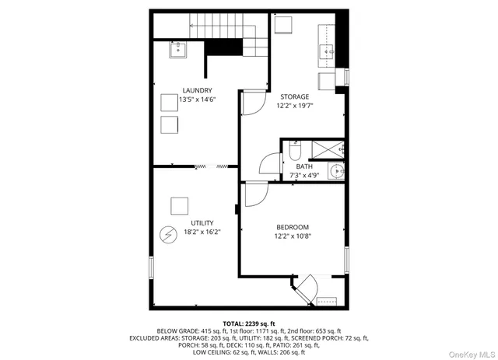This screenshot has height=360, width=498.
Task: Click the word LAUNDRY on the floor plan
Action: pos(197,90)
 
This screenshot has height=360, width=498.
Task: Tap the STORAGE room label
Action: pos(295,96)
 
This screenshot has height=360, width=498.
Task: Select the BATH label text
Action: pos(304,166)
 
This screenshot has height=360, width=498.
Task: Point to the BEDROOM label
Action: pos(291,227)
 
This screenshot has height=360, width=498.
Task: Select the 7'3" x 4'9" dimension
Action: pos(304,175)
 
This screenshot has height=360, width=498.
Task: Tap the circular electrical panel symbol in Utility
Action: pos(168,234)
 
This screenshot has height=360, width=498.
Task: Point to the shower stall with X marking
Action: pos(328,149)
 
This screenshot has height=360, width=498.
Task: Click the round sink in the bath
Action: pos(336,172)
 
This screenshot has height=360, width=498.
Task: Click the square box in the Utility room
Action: pos(180,206)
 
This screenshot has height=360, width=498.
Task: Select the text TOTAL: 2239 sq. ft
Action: pos(248,323)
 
